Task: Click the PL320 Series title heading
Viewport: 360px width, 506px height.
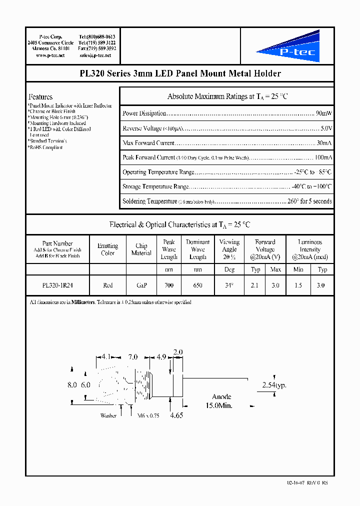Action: coord(180,73)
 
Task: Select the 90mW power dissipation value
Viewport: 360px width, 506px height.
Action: coord(323,113)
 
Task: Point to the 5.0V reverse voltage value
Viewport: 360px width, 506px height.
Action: coord(326,128)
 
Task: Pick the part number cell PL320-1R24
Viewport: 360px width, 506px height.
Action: coord(57,285)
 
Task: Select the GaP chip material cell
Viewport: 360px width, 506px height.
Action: coord(141,285)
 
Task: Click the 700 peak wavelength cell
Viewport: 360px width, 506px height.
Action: coord(169,285)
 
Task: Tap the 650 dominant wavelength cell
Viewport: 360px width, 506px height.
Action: coord(197,285)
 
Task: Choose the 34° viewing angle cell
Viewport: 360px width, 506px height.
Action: coord(229,285)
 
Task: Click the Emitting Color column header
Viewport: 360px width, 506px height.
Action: coord(107,249)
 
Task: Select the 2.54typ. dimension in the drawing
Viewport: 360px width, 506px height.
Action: coord(274,385)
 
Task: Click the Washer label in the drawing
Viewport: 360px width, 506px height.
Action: coord(108,416)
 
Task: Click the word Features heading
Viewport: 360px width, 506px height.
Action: coord(40,97)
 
